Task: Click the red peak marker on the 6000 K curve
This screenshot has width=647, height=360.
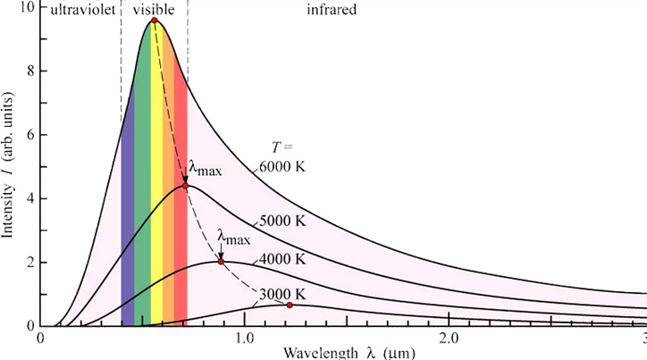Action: pyautogui.click(x=155, y=20)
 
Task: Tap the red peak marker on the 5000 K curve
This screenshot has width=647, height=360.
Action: pyautogui.click(x=185, y=185)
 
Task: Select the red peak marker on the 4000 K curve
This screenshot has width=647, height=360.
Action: pyautogui.click(x=221, y=262)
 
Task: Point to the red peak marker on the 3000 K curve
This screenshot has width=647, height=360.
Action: pyautogui.click(x=290, y=306)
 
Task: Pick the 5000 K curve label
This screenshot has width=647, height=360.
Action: pyautogui.click(x=282, y=220)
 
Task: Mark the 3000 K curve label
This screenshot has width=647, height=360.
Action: pyautogui.click(x=282, y=294)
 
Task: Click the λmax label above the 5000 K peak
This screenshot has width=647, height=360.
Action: pyautogui.click(x=205, y=167)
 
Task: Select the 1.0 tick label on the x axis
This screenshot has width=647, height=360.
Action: pyautogui.click(x=245, y=340)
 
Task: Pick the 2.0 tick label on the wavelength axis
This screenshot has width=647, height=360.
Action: pyautogui.click(x=449, y=340)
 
